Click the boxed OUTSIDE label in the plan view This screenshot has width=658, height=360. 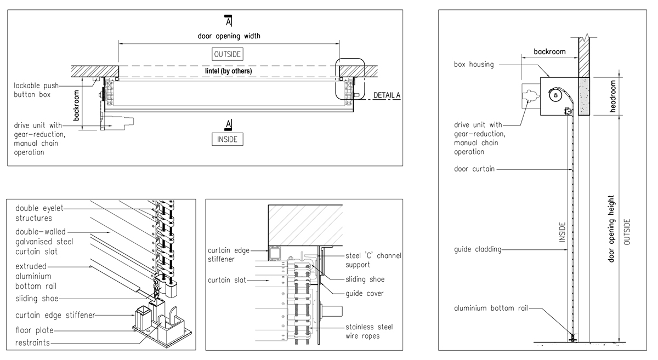pos(228,54)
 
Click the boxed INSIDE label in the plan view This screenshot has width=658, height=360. pos(227,139)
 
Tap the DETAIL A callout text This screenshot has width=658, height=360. pos(387,95)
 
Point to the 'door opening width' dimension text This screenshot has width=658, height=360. pos(229,36)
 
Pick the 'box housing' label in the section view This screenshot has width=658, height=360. pos(473,64)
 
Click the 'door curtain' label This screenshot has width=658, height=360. pos(474,169)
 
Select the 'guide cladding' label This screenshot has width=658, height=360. pos(478,250)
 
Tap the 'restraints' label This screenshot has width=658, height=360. pos(32,342)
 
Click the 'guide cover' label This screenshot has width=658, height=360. pos(365,293)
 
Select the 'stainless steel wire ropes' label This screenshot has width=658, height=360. pos(369,331)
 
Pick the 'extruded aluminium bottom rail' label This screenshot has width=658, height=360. pos(36,276)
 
